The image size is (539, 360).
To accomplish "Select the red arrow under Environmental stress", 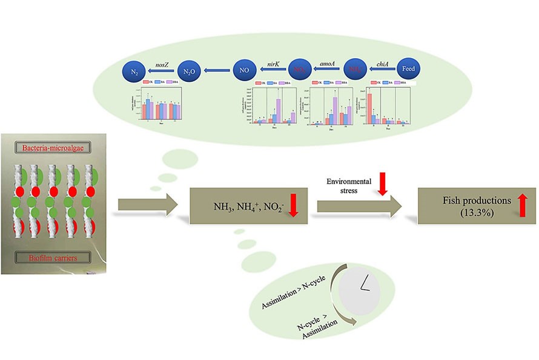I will pos(382,184).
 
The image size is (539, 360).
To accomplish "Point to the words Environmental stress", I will pos(348,185).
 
